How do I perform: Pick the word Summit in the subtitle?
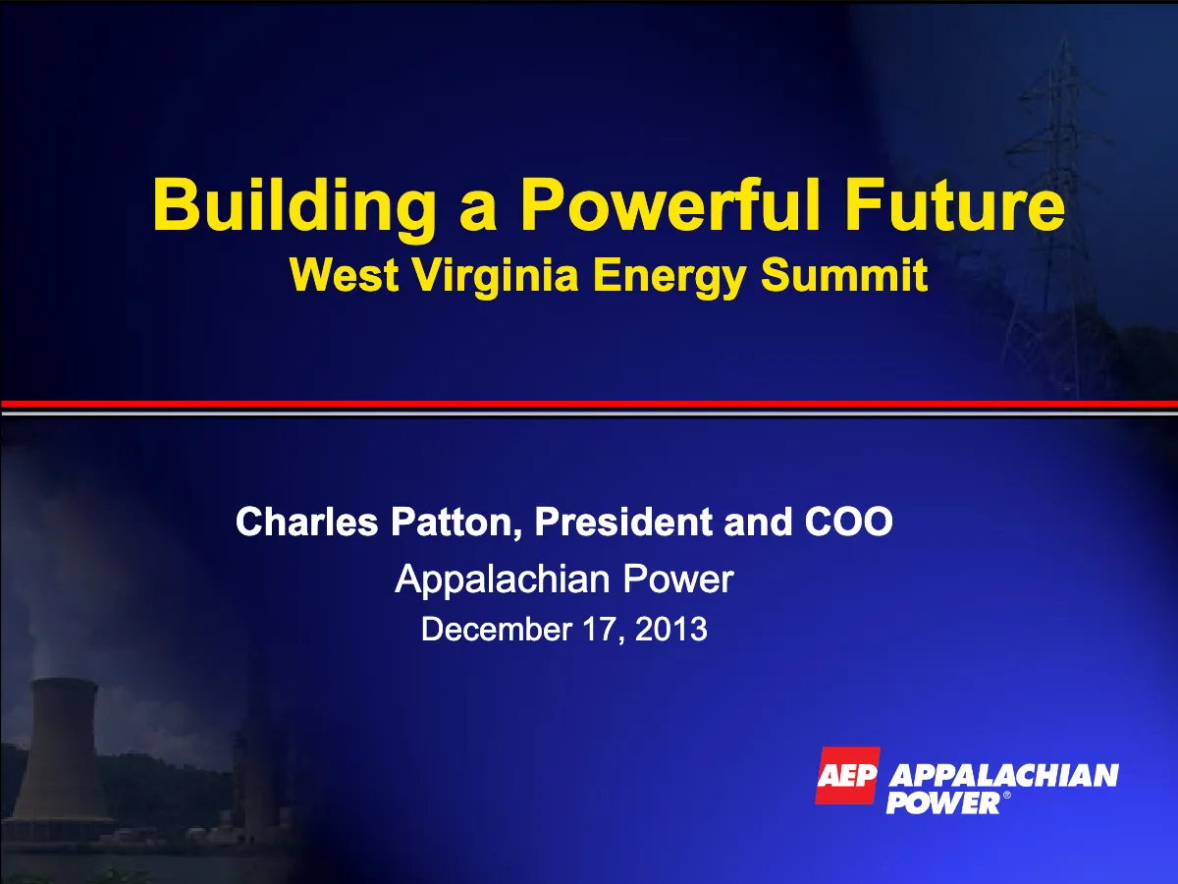coord(844,274)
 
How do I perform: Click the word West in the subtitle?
coord(344,275)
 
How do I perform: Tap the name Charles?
coord(307,522)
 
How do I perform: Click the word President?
coord(623,522)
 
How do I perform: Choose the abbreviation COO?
coord(848,522)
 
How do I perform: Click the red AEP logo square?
coord(847,776)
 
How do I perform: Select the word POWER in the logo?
coord(943,802)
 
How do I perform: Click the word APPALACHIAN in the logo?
coord(1004,777)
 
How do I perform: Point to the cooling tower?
coord(62,751)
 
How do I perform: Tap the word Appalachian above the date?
coord(502,580)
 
